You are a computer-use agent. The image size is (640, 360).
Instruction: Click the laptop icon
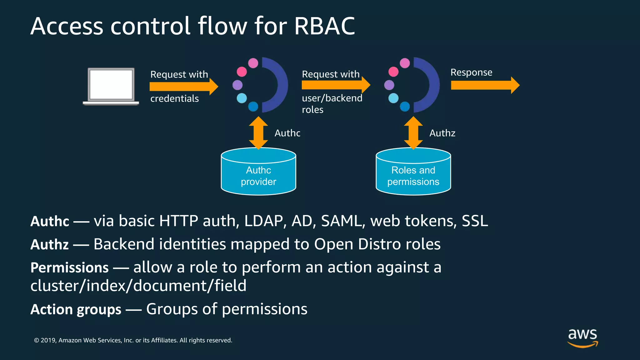[x=111, y=86]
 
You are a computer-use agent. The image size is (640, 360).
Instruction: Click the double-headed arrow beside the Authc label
[x=258, y=133]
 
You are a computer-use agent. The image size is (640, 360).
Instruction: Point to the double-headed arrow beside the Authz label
[x=413, y=133]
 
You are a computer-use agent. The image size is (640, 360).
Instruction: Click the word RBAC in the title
[x=324, y=26]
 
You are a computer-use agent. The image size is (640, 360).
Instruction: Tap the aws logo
[x=582, y=337]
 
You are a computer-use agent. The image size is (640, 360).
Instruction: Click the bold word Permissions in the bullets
[x=69, y=268]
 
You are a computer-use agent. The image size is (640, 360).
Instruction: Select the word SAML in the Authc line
[x=343, y=221]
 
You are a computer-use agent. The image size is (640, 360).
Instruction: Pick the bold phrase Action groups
[x=76, y=309]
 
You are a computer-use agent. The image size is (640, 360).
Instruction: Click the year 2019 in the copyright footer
[x=48, y=340]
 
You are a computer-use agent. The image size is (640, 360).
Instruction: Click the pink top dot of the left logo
[x=253, y=63]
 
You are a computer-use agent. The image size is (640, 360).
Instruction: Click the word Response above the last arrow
[x=471, y=72]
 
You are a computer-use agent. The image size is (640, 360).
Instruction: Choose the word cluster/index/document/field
[x=138, y=286]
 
